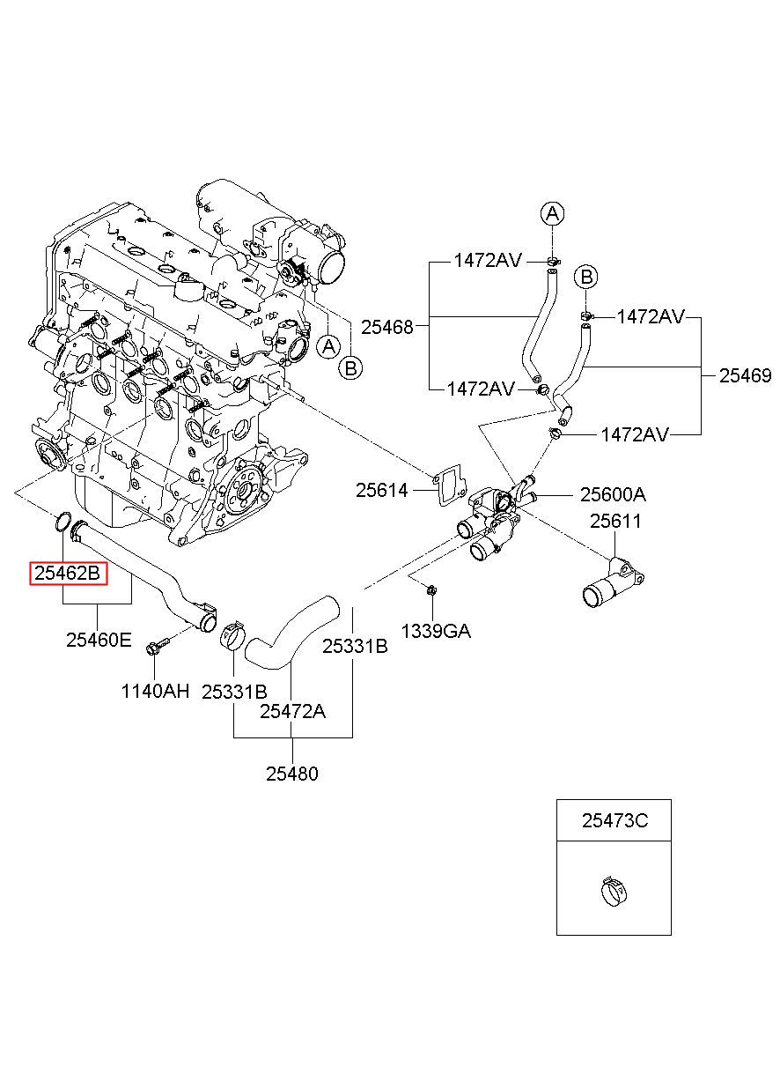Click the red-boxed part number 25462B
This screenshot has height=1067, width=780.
[x=68, y=573]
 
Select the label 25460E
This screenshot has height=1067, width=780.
[x=99, y=640]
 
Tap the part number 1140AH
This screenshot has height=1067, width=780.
[x=155, y=691]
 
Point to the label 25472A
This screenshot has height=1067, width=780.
[x=292, y=711]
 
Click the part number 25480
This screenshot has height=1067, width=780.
[x=291, y=774]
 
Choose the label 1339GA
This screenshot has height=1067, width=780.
[x=436, y=631]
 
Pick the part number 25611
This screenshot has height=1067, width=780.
[x=615, y=521]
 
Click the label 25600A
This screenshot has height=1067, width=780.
[x=613, y=495]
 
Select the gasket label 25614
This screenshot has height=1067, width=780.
[x=382, y=490]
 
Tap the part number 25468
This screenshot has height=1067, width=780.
[x=386, y=327]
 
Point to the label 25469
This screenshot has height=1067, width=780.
[x=745, y=376]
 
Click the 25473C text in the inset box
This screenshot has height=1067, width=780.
[x=614, y=820]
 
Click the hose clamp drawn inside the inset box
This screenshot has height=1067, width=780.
[x=614, y=891]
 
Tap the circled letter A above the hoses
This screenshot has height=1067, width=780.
[x=552, y=213]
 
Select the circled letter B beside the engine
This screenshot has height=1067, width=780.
[x=350, y=367]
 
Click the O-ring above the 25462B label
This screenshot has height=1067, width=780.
[x=63, y=522]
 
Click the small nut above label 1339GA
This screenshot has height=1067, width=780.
[x=431, y=590]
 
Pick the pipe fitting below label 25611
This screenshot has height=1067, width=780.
[x=614, y=583]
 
